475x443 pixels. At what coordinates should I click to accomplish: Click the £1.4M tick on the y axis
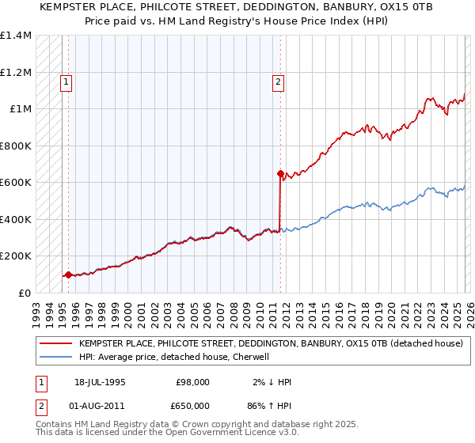coord(15,36)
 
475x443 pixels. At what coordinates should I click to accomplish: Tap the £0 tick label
coord(25,293)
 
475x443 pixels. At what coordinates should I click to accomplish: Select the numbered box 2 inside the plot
coord(279,80)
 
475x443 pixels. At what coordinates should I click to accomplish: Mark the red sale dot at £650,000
coord(280,173)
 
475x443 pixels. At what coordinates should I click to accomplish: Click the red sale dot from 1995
coord(68,275)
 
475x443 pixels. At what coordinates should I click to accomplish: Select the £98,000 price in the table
coord(192,382)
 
